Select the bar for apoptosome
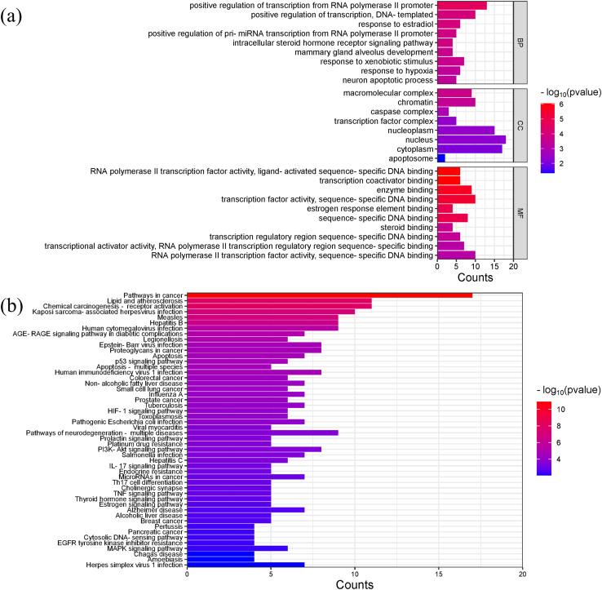(441, 157)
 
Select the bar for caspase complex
(443, 111)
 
